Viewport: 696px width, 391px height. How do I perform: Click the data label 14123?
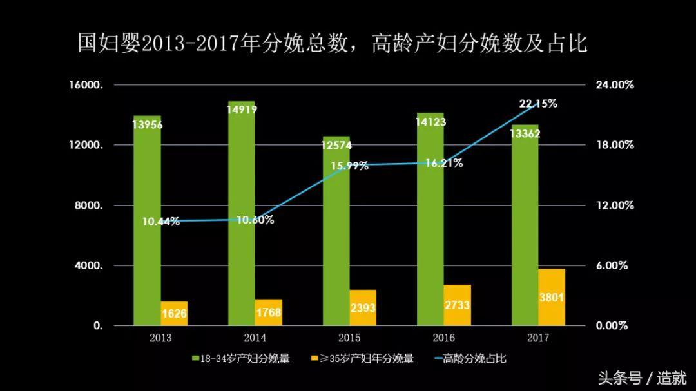pos(430,122)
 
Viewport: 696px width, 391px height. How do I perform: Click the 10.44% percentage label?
pos(160,222)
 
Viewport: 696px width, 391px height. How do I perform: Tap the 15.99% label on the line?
pos(350,166)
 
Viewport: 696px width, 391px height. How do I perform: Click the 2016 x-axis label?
pos(444,338)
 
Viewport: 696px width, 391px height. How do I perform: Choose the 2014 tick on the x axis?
pos(255,338)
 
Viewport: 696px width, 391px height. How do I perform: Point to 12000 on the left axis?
pos(86,146)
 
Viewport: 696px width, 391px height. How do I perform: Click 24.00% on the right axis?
pos(615,85)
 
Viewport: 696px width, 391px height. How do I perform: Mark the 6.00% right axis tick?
pos(612,266)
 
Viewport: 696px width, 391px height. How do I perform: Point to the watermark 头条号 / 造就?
pos(642,377)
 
